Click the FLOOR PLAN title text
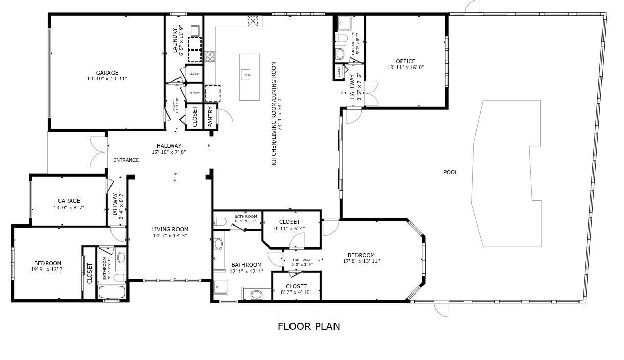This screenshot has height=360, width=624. coord(308,326)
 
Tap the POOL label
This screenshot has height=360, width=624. coord(450,172)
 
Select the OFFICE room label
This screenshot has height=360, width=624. coord(405,61)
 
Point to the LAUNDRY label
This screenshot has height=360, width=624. coord(175,40)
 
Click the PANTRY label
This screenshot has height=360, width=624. coord(210,117)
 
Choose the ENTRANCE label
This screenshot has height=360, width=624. coord(126,160)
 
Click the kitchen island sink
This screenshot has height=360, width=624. coord(249,75)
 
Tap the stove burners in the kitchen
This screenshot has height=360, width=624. coord(210,57)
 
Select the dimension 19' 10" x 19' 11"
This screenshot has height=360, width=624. coord(107,79)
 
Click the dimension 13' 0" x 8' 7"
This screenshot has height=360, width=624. coord(69,207)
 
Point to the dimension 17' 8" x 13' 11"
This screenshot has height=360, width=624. coord(361,261)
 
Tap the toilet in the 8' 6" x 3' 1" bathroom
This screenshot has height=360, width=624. coord(220,222)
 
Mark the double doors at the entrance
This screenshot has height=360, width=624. coord(97,151)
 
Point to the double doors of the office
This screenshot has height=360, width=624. coord(371,93)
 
